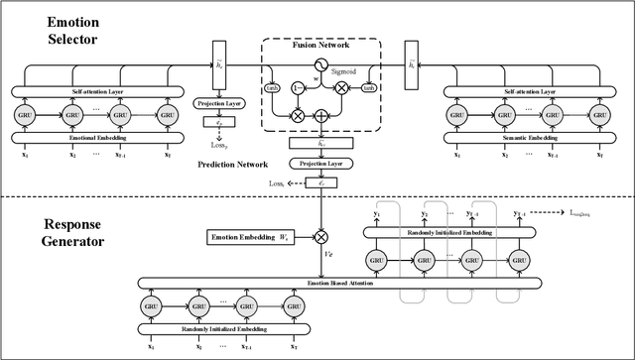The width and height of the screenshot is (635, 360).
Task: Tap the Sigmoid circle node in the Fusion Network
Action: [320, 62]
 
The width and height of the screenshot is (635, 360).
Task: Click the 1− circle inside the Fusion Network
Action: [297, 85]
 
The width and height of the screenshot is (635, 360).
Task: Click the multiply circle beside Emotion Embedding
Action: [320, 236]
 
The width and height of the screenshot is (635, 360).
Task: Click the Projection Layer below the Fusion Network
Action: [320, 162]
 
